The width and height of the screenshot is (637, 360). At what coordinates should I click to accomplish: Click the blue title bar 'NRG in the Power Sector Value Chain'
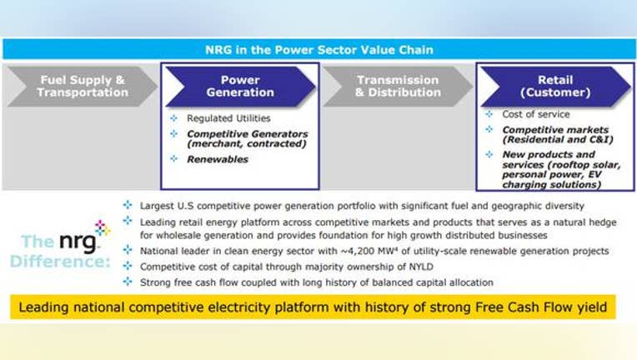318,49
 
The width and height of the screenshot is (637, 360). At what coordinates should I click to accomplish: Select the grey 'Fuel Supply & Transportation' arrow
83,87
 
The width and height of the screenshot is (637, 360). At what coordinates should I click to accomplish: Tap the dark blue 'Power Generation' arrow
240,87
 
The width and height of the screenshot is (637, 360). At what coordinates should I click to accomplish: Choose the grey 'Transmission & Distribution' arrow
398,87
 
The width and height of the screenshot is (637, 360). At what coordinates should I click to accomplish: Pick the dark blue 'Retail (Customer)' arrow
555,87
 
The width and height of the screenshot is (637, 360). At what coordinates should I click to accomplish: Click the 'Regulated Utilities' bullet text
228,118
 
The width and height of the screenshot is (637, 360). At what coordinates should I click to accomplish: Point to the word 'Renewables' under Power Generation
218,159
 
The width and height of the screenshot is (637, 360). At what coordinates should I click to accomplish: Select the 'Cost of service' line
536,114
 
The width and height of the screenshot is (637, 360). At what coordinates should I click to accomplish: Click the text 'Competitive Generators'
247,133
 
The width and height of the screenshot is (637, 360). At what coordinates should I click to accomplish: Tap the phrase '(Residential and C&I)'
558,140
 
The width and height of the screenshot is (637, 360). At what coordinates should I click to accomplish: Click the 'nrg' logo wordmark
78,242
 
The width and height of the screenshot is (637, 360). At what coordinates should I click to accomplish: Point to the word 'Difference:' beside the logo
60,261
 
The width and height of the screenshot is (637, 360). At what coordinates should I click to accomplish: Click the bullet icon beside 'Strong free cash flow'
128,282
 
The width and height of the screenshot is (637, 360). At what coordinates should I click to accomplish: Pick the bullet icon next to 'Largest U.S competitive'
128,205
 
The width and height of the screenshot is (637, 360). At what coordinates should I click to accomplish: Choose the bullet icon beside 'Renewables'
174,158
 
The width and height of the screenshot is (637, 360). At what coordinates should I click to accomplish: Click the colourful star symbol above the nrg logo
102,227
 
